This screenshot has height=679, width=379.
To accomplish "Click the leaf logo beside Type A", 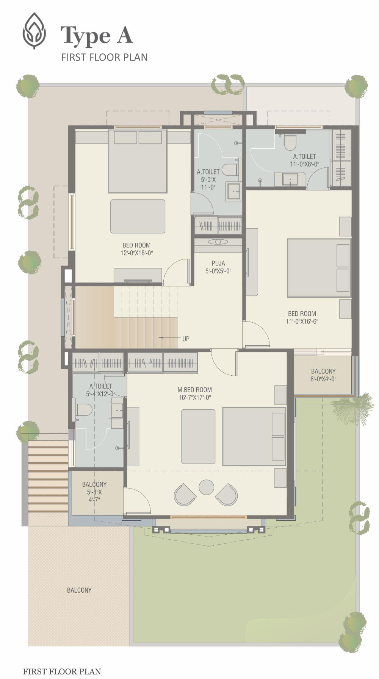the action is tap(34, 31).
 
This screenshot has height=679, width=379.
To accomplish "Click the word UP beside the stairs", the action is tap(186, 339).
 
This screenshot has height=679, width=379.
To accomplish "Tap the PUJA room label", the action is tap(218, 263).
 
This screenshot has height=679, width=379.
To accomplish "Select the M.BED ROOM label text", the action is tap(195, 390).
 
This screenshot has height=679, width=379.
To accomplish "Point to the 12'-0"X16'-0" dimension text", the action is tap(137, 253).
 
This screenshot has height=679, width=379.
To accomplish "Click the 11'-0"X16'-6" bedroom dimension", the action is tap(302, 322).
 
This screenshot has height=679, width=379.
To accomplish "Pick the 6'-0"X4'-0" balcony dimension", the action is tap(323, 379).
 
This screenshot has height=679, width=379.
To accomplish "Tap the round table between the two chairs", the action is tap(207, 487).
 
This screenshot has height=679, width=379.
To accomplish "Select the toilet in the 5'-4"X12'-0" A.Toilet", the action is tap(84, 410).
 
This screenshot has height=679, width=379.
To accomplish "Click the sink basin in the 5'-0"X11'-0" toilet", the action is tap(233, 191).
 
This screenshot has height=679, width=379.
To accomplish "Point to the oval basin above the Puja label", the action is tap(218, 242).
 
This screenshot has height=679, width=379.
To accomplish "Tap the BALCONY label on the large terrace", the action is tap(79, 590).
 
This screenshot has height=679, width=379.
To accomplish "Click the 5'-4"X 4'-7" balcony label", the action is tap(94, 492).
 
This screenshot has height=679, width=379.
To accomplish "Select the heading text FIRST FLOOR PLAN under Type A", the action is tap(105, 57).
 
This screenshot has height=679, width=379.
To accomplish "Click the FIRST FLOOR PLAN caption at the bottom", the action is tap(62, 672).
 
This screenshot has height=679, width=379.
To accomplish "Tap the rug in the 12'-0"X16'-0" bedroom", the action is tap(138, 216).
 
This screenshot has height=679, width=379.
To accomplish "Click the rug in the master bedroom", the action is tap(198, 436).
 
